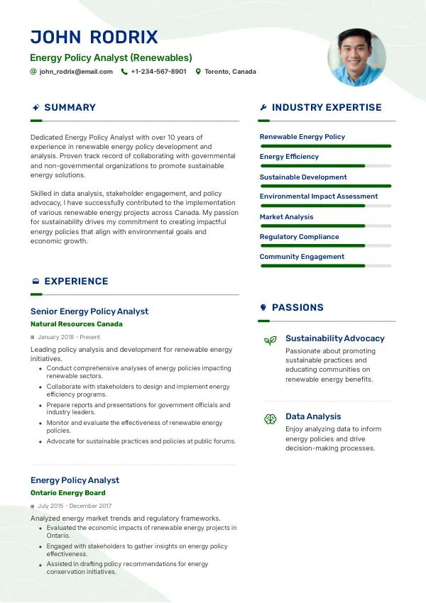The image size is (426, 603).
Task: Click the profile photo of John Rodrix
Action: coord(356,57)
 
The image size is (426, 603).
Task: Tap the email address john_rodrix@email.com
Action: coord(76,72)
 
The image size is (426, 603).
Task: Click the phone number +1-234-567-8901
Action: coord(158,72)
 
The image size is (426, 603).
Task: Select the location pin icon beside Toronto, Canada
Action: coord(199,72)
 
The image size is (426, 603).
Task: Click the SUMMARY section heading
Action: coord(70,108)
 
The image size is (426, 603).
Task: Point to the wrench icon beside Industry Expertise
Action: coord(263,108)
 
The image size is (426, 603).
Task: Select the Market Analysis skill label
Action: coord(286,217)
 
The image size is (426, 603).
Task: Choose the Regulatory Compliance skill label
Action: coord(299,237)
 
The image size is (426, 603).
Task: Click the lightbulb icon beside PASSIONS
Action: coord(263,308)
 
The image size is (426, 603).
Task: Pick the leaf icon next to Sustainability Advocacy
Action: coord(270,341)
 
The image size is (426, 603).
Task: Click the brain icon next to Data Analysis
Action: coord(270,419)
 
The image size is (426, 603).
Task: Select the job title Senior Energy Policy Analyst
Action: coord(89,311)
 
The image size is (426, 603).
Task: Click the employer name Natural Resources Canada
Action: coord(77,324)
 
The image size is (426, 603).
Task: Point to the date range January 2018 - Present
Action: coord(69,337)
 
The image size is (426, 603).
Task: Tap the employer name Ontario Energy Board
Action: coord(68,493)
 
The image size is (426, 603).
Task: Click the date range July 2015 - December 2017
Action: coord(75,506)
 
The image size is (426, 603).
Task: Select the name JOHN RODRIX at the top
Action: coord(94,38)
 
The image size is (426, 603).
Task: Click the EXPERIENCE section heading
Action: coord(76,282)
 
